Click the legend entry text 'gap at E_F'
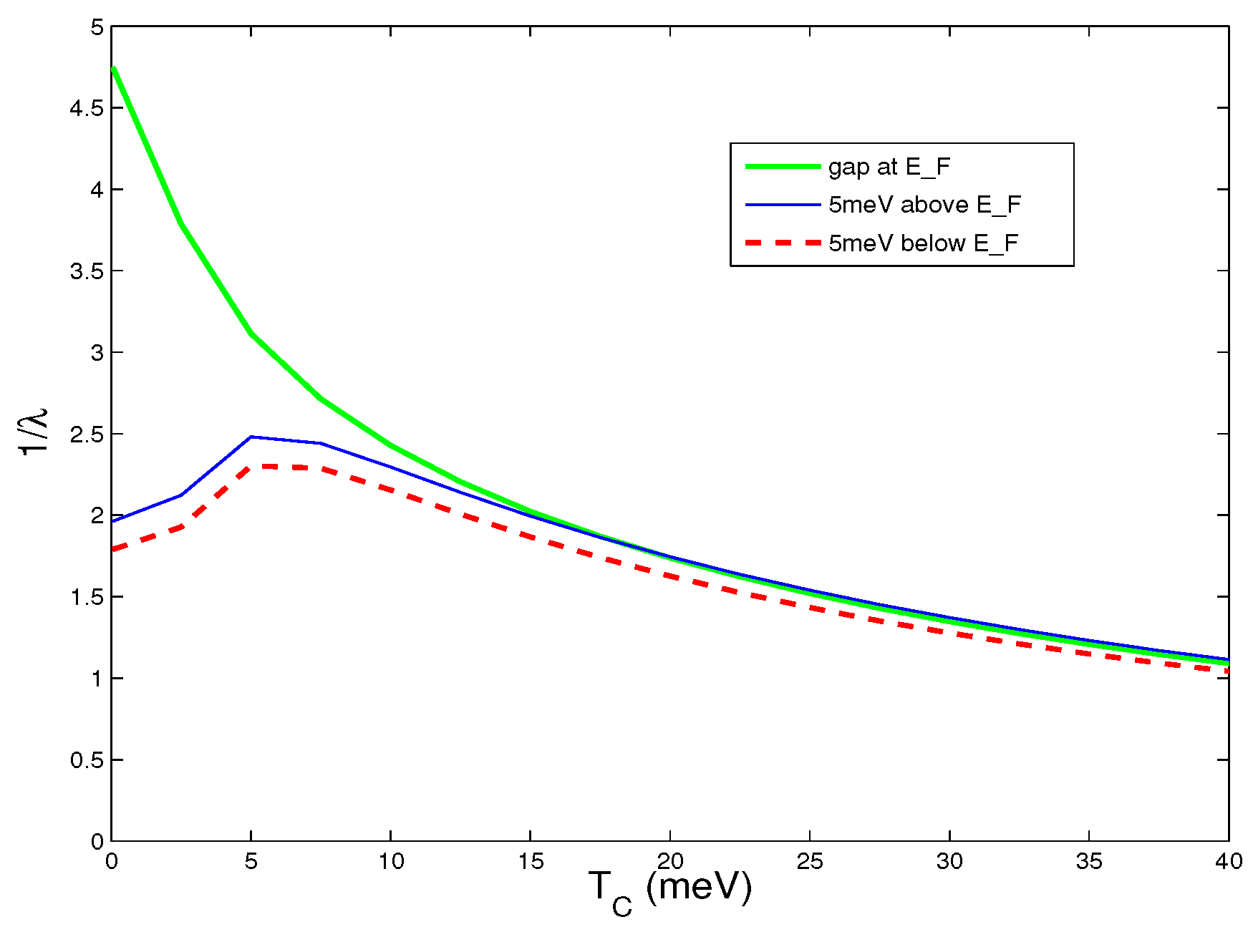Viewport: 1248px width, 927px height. coord(889,167)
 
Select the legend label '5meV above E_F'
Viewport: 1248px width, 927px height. coord(924,205)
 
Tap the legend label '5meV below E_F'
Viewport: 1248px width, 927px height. coord(923,244)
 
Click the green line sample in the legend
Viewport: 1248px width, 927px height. coord(783,166)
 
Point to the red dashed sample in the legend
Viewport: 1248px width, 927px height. coord(783,243)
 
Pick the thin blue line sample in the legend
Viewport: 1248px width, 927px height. coord(783,205)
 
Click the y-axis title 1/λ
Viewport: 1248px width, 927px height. coord(34,432)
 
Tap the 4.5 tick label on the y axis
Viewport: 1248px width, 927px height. coord(86,109)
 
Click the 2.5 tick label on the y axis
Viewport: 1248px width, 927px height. coord(86,435)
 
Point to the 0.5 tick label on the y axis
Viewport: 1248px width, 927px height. coord(86,760)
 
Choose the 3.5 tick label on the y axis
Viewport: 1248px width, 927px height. coord(86,271)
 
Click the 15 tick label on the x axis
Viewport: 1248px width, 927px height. coord(531,861)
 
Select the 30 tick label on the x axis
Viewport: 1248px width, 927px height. coord(949,861)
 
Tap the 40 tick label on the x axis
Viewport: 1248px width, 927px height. coord(1228,861)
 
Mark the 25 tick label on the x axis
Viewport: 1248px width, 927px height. coord(810,861)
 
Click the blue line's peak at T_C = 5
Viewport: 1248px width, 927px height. coord(251,437)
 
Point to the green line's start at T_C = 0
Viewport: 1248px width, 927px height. coord(113,69)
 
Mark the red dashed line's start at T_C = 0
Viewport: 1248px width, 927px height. coord(113,550)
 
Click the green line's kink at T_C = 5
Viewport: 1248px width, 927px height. coord(251,334)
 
